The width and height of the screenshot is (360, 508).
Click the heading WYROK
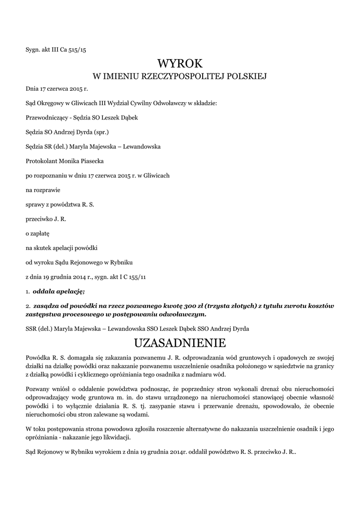click(180, 63)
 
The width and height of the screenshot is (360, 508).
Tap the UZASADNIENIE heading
click(180, 343)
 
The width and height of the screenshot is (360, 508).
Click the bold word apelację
click(69, 290)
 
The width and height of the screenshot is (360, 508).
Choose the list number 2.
click(27, 306)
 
